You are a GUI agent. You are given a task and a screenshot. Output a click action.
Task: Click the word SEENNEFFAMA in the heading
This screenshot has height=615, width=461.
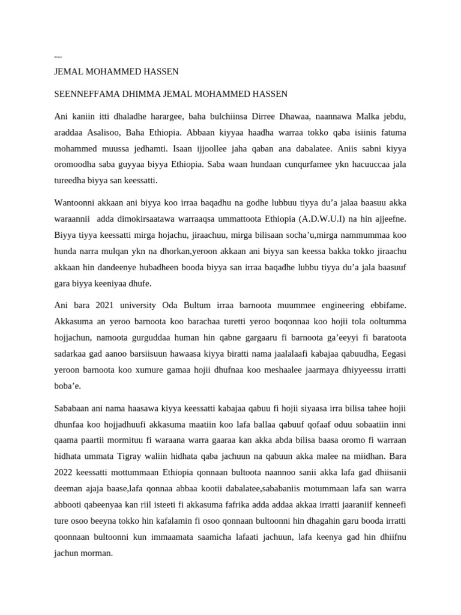click(84, 94)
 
